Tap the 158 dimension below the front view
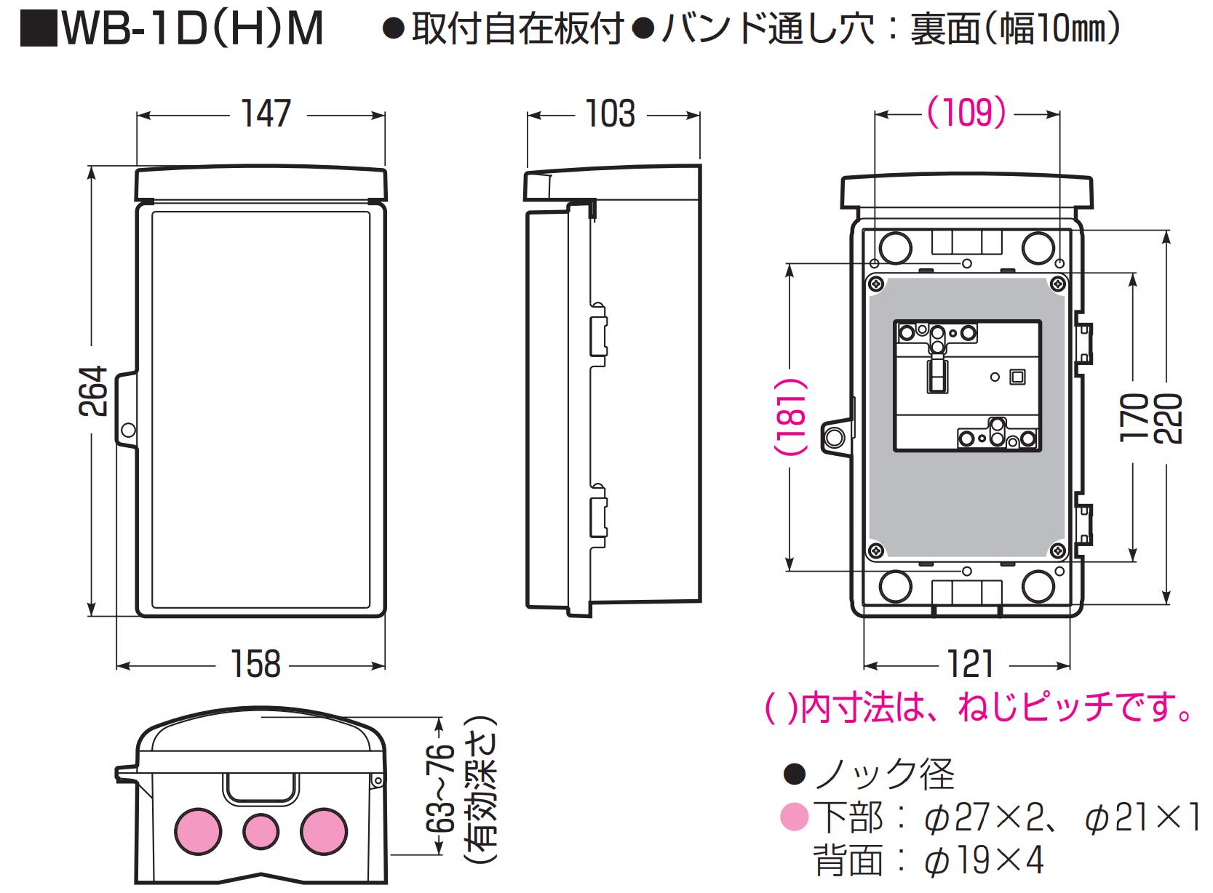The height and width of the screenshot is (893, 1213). click(255, 664)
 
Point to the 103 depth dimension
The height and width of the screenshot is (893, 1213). click(610, 114)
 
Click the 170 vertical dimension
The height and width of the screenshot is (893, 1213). click(1133, 417)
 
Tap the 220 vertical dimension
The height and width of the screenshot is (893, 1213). click(1168, 417)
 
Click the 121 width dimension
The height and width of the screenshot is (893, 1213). click(970, 664)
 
